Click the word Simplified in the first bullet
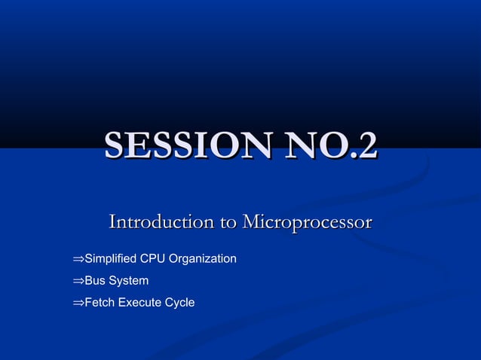(x=110, y=259)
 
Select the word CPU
(x=152, y=259)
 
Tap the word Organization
(x=203, y=259)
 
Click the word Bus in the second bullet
(x=95, y=281)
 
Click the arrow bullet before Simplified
(x=78, y=260)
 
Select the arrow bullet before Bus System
(x=78, y=282)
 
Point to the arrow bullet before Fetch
(x=78, y=304)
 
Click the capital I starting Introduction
(x=113, y=222)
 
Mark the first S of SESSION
(x=115, y=145)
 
